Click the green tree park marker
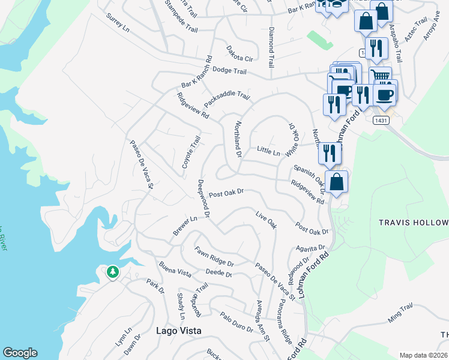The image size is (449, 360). [112, 272]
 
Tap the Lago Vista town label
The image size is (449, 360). [178, 331]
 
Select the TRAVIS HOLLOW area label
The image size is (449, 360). [413, 223]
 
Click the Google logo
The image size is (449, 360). [20, 353]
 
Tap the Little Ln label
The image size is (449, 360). [268, 150]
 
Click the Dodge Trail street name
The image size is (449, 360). [229, 71]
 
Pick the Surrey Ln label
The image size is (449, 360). [117, 23]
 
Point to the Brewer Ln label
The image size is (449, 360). [185, 226]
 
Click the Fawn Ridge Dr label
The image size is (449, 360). [214, 256]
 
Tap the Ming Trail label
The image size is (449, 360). [400, 314]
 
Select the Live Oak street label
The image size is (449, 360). [266, 220]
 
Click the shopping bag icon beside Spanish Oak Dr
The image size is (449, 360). [337, 182]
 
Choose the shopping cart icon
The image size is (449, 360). [379, 76]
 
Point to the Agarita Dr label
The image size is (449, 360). [310, 247]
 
